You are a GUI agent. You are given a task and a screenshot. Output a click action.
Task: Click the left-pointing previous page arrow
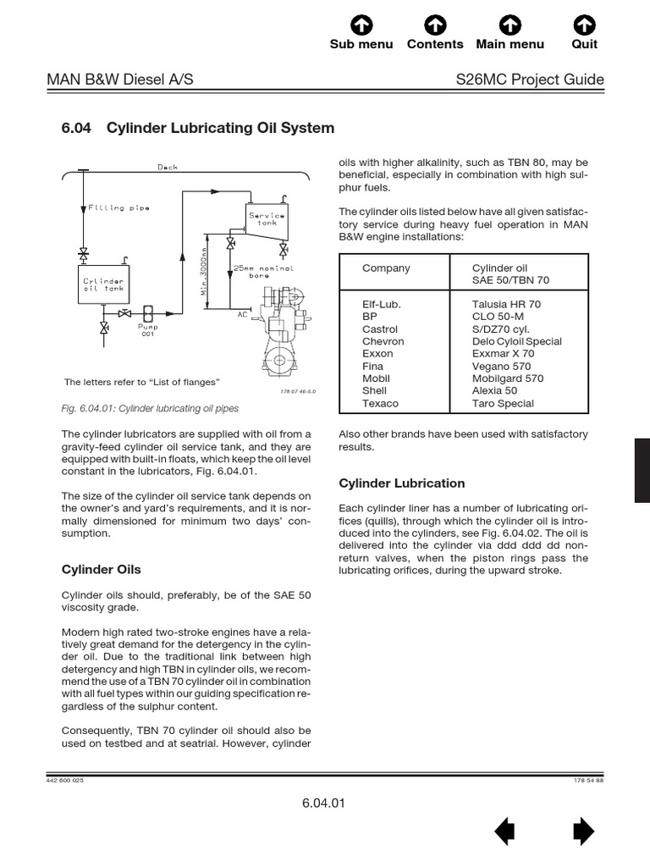504,832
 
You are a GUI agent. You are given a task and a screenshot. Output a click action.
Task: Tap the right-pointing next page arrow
583,832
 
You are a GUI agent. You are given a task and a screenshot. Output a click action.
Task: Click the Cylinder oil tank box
103,284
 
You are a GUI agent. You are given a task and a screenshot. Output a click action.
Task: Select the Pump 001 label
148,329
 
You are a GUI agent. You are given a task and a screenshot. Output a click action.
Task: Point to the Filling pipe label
119,207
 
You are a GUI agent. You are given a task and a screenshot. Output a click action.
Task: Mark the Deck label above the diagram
168,167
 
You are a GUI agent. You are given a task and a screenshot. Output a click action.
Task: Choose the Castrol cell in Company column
380,329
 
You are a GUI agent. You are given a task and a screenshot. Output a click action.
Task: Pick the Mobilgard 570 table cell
507,378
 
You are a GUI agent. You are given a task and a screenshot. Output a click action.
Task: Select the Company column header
386,268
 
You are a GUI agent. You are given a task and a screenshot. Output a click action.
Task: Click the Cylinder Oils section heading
102,569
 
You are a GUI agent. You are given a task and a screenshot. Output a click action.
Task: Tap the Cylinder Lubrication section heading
402,483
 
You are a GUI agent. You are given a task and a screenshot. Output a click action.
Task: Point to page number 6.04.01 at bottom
323,803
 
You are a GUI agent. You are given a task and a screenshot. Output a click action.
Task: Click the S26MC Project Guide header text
530,80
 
